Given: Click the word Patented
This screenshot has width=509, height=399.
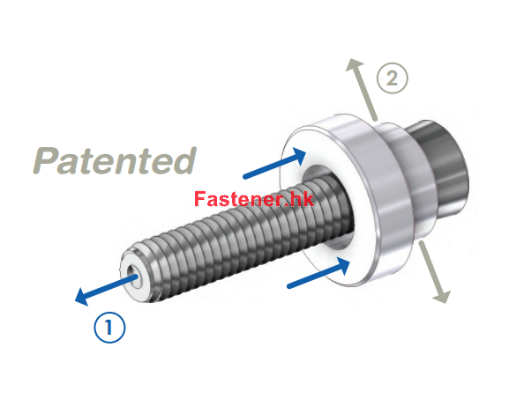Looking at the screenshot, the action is point(115,160).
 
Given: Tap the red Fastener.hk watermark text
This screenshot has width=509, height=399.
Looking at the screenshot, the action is point(254,199).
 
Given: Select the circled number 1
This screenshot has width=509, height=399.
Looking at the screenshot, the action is point(109,327).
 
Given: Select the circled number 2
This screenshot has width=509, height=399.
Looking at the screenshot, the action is point(393,78).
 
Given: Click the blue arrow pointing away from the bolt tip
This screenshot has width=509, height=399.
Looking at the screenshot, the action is point(107,290).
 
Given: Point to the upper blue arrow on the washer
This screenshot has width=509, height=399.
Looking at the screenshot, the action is point(274,163).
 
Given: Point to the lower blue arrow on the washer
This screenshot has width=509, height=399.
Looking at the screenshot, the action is point(318,272).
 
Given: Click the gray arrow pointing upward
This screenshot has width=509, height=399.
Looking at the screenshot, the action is point(361,89).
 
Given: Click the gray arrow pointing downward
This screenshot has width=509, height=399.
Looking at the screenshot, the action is point(434,271).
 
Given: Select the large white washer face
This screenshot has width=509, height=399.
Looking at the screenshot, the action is point(325,208).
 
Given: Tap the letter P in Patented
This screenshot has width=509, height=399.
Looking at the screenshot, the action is point(45,160).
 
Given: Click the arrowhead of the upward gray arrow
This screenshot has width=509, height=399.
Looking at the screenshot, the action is point(354,67).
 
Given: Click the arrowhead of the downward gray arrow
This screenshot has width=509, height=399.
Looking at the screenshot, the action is point(442,296).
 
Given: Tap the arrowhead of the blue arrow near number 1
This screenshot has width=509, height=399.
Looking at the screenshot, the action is point(82,297).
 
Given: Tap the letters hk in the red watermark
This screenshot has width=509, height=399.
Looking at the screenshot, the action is point(303,199).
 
